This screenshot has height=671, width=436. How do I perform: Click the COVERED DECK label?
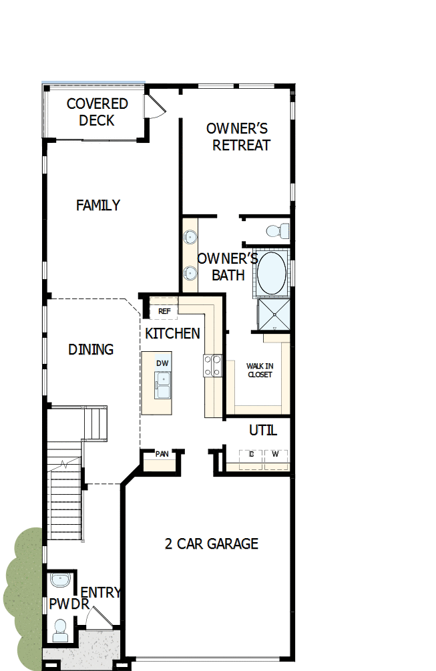pyautogui.click(x=97, y=112)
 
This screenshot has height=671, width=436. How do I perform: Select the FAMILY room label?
pyautogui.click(x=98, y=205)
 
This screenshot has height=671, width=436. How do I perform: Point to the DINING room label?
pyautogui.click(x=91, y=349)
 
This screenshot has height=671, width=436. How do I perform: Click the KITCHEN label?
pyautogui.click(x=172, y=333)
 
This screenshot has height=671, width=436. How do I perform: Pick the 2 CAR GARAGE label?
pyautogui.click(x=211, y=543)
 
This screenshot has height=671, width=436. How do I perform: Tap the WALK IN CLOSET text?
pyautogui.click(x=259, y=370)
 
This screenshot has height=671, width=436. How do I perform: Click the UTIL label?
pyautogui.click(x=262, y=431)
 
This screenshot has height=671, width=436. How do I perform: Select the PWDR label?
pyautogui.click(x=64, y=604)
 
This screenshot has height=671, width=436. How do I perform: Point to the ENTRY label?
pyautogui.click(x=100, y=592)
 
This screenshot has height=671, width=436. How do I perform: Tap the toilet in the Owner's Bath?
pyautogui.click(x=276, y=232)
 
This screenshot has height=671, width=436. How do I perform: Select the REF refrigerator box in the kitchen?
pyautogui.click(x=164, y=310)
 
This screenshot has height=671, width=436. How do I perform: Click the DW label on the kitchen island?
pyautogui.click(x=162, y=363)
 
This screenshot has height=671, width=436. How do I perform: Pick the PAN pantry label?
pyautogui.click(x=162, y=454)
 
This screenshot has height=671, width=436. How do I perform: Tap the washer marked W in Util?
pyautogui.click(x=275, y=455)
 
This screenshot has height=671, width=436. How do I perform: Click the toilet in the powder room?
pyautogui.click(x=60, y=630)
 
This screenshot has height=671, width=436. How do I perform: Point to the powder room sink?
pyautogui.click(x=61, y=580)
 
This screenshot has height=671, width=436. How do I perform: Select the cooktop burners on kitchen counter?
pyautogui.click(x=213, y=366)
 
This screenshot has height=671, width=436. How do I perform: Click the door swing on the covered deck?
pyautogui.click(x=155, y=105)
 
